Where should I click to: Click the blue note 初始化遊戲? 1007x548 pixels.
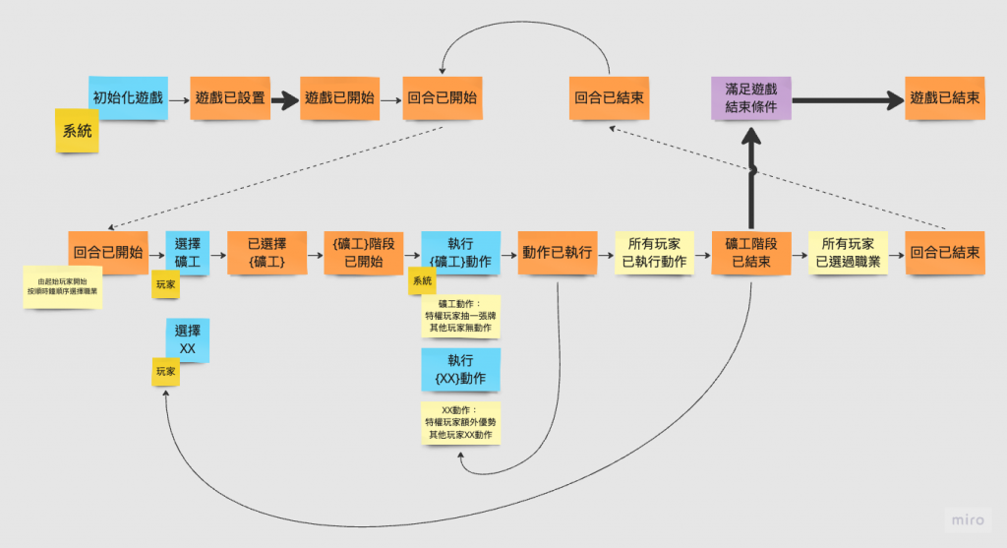click(127, 97)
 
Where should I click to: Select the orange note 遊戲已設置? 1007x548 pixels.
click(230, 97)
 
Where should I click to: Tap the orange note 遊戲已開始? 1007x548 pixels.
click(339, 97)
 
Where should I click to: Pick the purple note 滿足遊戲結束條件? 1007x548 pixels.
click(750, 97)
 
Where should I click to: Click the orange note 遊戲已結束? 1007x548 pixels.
click(944, 97)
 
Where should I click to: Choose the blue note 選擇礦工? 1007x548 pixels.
click(187, 253)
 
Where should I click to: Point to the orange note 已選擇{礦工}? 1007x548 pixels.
click(266, 253)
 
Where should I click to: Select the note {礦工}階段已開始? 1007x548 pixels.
click(363, 253)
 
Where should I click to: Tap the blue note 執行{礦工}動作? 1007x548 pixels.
click(460, 253)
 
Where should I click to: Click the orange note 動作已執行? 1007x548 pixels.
click(558, 253)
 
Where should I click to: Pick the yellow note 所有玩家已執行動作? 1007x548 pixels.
click(654, 253)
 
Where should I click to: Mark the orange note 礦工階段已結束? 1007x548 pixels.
click(750, 253)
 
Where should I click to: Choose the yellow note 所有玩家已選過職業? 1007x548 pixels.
click(848, 253)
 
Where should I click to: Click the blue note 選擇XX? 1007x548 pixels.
click(187, 340)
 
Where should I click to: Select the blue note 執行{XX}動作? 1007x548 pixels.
click(460, 369)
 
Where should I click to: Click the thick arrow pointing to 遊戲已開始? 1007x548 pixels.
click(284, 99)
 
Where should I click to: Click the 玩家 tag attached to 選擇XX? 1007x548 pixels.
click(164, 371)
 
